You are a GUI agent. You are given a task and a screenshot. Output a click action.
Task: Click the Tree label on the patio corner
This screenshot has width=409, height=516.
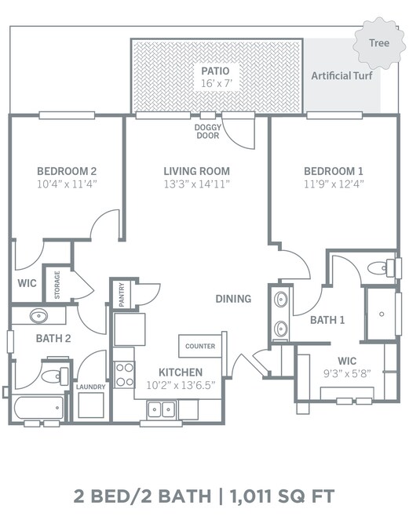(x=379, y=43)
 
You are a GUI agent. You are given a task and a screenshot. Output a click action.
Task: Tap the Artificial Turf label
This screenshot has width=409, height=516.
(x=341, y=76)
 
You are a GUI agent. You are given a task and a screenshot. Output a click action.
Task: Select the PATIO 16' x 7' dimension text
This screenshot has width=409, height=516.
(x=217, y=83)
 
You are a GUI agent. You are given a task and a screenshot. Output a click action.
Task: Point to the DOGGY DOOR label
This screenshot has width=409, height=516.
(x=208, y=131)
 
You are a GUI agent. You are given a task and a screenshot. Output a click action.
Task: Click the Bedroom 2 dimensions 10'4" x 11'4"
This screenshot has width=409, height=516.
(x=67, y=184)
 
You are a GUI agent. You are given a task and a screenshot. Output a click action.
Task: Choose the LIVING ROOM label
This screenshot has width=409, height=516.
(x=196, y=171)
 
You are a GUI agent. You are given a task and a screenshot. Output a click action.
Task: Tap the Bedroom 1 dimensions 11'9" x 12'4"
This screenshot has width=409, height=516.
(x=334, y=184)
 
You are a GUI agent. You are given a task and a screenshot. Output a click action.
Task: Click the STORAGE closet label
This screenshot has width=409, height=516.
(x=57, y=285)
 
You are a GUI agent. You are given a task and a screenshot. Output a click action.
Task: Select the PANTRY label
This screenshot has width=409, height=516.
(x=122, y=295)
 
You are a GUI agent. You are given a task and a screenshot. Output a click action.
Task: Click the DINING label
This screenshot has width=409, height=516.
(x=233, y=299)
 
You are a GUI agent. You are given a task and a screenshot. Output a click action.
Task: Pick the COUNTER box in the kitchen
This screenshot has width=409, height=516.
(x=200, y=346)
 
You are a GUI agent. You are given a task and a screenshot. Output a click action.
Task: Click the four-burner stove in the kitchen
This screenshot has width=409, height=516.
(x=124, y=375)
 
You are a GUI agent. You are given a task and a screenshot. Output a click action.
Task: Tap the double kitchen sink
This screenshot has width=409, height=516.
(x=162, y=410)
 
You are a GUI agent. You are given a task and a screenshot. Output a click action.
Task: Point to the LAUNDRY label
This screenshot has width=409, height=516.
(x=90, y=387)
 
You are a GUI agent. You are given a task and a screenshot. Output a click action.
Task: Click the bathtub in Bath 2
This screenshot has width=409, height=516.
(x=38, y=408)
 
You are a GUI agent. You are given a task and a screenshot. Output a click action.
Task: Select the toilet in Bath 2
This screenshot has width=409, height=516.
(x=55, y=376)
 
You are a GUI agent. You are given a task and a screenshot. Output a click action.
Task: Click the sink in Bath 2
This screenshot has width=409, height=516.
(x=38, y=316)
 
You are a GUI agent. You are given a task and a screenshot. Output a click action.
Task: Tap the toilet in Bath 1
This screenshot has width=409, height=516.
(x=381, y=268)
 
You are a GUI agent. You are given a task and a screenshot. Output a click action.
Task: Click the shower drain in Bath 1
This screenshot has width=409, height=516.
(x=382, y=314)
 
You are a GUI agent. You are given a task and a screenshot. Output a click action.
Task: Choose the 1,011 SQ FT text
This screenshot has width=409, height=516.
(x=282, y=496)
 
